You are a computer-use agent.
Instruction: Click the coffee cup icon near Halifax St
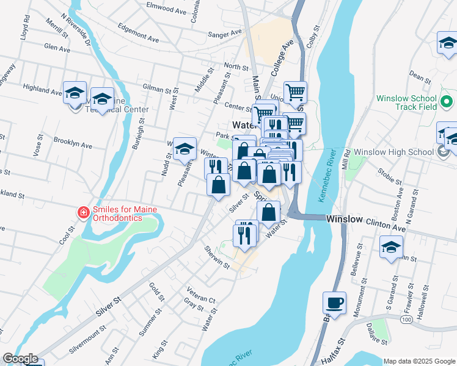click(x=335, y=303)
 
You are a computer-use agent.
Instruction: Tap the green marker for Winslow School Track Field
click(x=446, y=102)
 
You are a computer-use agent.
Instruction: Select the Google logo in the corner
click(x=20, y=359)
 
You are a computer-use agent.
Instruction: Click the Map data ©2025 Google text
click(x=419, y=361)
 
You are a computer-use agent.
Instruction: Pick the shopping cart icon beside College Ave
click(x=295, y=92)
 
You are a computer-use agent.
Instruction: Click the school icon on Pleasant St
click(x=185, y=149)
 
